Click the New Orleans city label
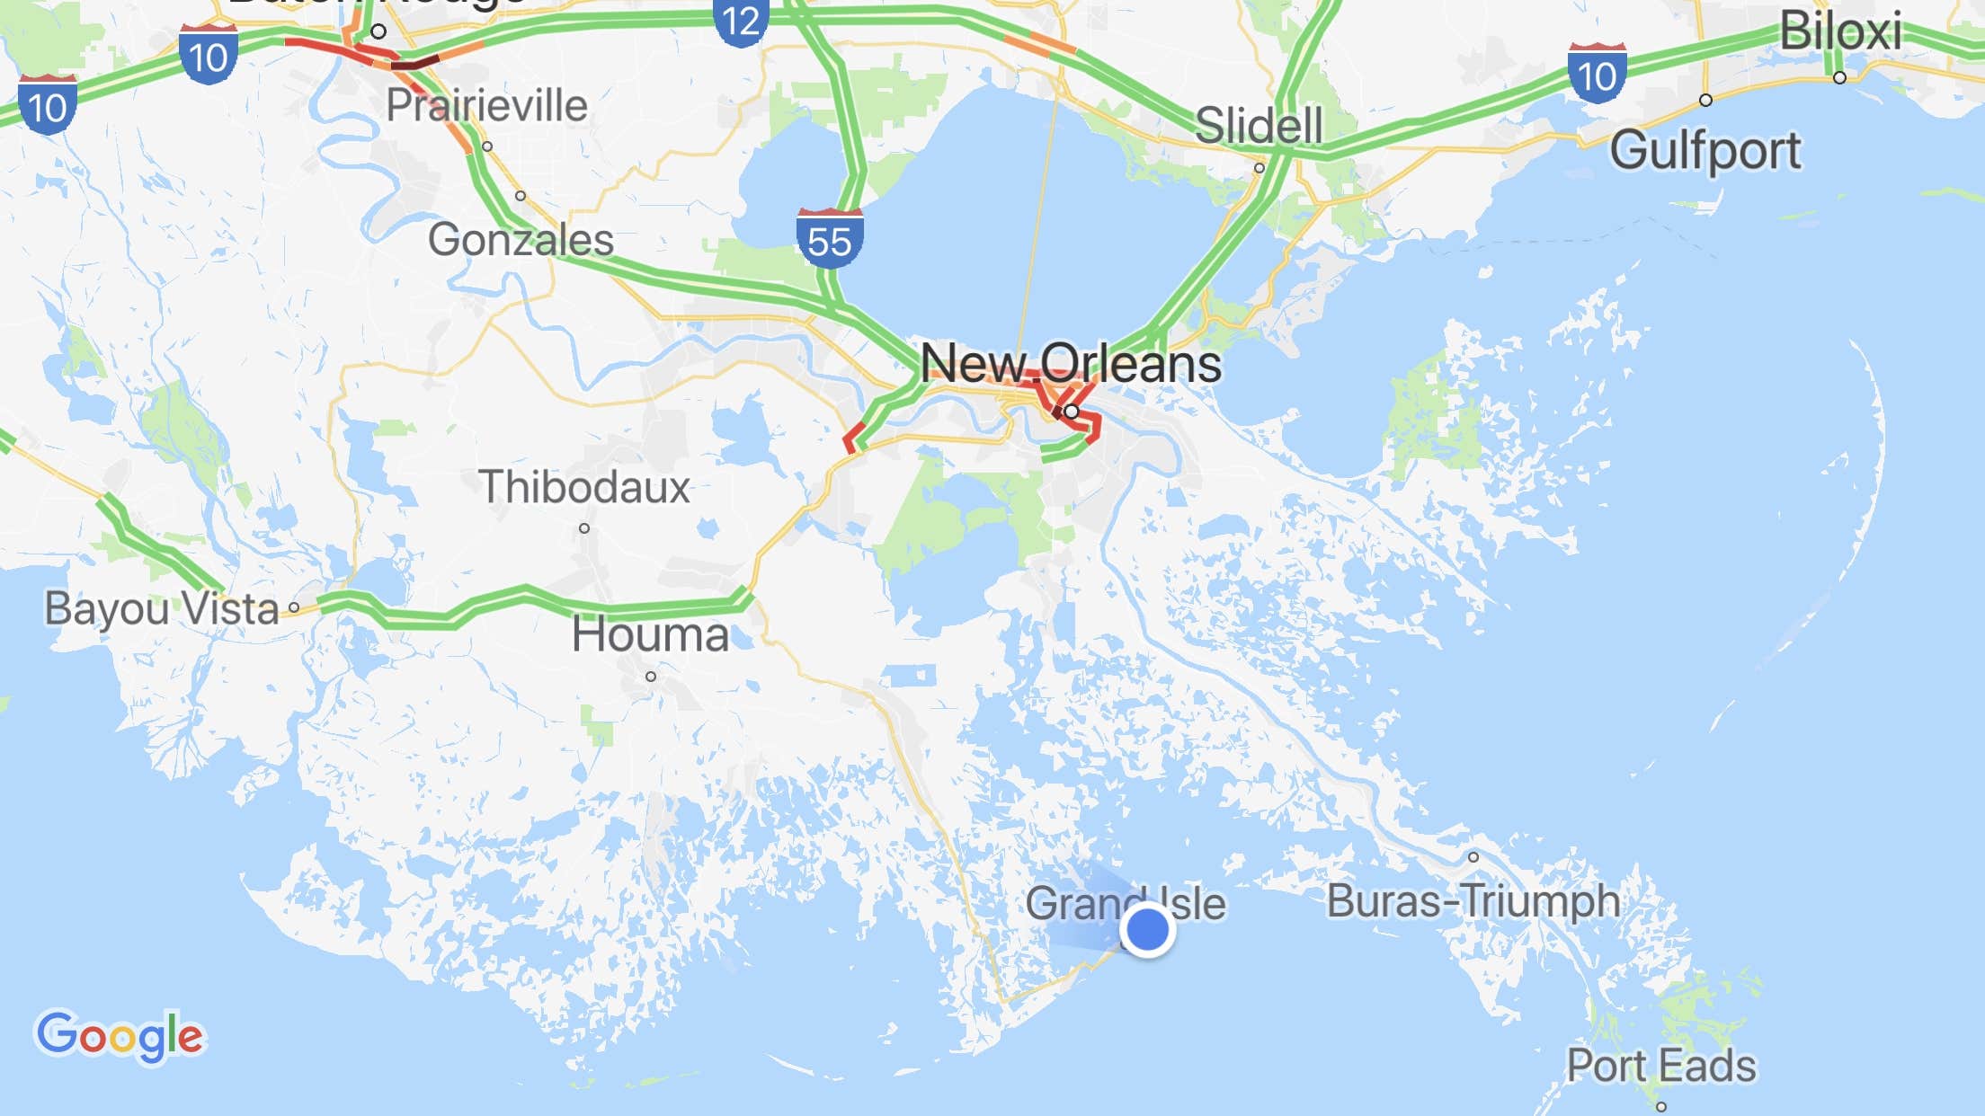(1070, 364)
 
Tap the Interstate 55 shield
(829, 239)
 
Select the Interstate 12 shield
(741, 21)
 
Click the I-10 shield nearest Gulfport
(1597, 74)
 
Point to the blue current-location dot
(1147, 929)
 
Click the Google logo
(120, 1036)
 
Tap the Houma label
(650, 634)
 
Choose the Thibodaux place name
(583, 487)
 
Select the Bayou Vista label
(162, 608)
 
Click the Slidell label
(1259, 125)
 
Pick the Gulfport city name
(1705, 150)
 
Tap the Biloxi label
(1840, 32)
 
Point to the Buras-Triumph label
(1473, 900)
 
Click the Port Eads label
(1660, 1066)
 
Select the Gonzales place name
(521, 239)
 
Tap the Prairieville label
(486, 105)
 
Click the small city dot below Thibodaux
(584, 528)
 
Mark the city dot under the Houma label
(651, 677)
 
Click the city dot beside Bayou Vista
(294, 607)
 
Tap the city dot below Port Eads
(1661, 1107)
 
